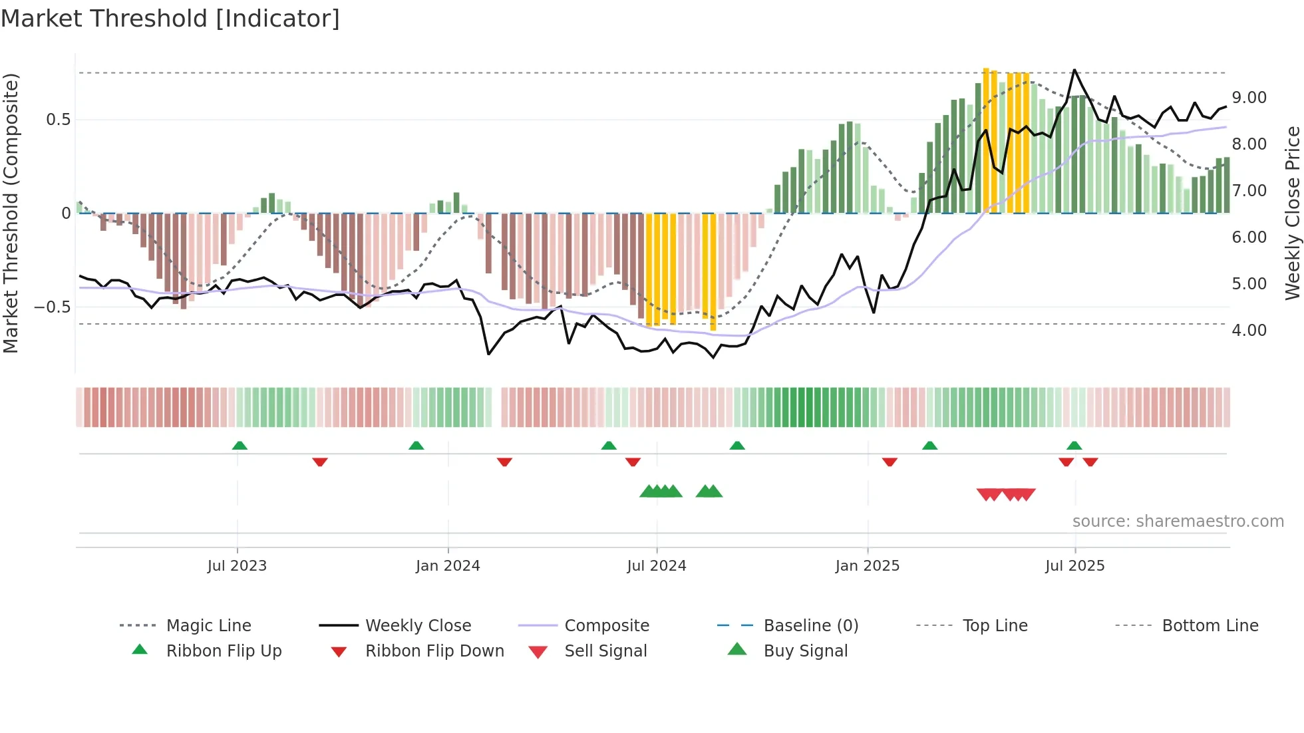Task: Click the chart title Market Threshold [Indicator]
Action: [x=170, y=19]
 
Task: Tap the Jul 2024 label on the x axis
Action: [x=656, y=566]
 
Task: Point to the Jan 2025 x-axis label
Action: [x=867, y=566]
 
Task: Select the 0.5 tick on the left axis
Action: [x=58, y=120]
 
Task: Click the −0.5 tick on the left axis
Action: [x=53, y=307]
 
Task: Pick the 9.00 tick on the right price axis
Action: [x=1249, y=98]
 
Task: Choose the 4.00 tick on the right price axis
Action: [x=1249, y=331]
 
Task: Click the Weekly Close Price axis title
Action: [x=1292, y=213]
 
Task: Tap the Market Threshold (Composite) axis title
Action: [x=11, y=213]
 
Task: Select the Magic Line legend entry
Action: [x=208, y=626]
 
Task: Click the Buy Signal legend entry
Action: [x=805, y=651]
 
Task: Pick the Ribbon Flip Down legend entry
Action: [x=434, y=651]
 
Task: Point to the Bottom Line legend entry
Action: [x=1210, y=626]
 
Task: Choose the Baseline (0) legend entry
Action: [x=810, y=626]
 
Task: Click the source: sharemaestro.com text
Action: [x=1178, y=521]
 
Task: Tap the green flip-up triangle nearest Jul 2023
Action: [x=240, y=446]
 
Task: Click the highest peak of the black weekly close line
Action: [x=1074, y=70]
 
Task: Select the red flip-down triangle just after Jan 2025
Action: [x=890, y=462]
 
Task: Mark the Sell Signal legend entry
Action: [x=605, y=651]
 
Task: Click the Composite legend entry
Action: [x=606, y=626]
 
